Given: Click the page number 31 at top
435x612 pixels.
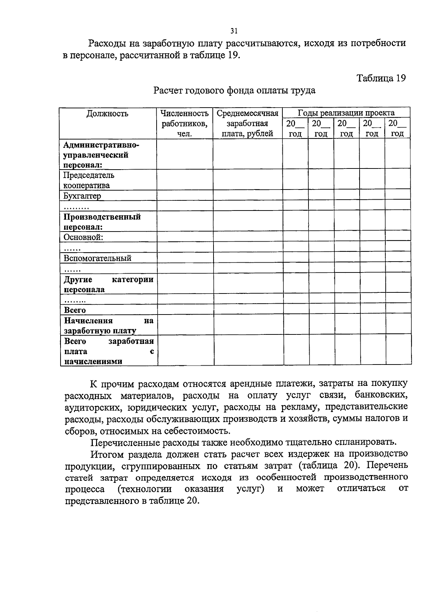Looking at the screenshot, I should pyautogui.click(x=234, y=31).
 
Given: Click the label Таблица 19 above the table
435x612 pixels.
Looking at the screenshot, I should pyautogui.click(x=381, y=78).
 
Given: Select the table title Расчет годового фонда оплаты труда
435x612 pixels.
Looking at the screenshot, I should pyautogui.click(x=234, y=90).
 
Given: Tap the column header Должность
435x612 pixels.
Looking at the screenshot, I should pyautogui.click(x=107, y=113).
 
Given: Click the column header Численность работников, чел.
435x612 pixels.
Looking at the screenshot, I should pyautogui.click(x=184, y=123).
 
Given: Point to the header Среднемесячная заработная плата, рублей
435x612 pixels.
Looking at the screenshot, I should pyautogui.click(x=247, y=123).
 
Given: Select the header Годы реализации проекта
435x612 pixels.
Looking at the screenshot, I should pyautogui.click(x=346, y=112).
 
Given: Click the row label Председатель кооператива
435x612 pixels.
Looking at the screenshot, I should pyautogui.click(x=89, y=180).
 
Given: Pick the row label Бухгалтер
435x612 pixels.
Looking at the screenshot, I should pyautogui.click(x=82, y=196).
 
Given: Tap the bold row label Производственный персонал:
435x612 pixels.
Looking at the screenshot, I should pyautogui.click(x=102, y=222).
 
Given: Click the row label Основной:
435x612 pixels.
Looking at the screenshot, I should pyautogui.click(x=83, y=237).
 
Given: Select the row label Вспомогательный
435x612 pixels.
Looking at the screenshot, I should pyautogui.click(x=97, y=258).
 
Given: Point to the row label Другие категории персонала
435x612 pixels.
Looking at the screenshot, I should pyautogui.click(x=108, y=284).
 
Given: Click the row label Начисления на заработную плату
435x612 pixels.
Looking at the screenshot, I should pyautogui.click(x=108, y=325).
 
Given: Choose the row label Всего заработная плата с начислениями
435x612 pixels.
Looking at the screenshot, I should pyautogui.click(x=108, y=351).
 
